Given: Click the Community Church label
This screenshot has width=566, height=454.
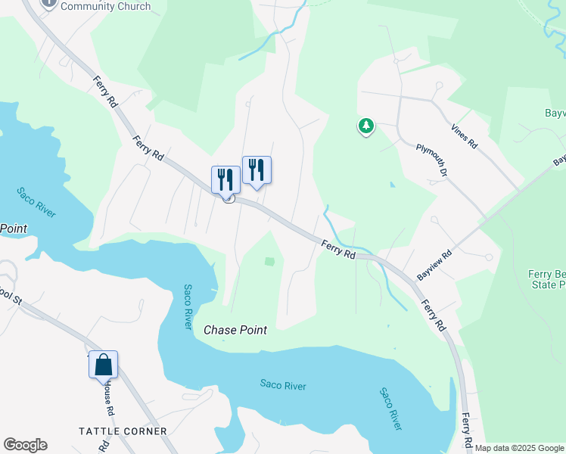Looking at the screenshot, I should tap(105, 6).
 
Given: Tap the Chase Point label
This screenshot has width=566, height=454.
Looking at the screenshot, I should tap(235, 331).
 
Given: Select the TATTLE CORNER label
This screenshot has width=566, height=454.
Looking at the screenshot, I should tap(123, 431).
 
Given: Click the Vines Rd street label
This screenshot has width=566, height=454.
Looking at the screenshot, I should tap(464, 136).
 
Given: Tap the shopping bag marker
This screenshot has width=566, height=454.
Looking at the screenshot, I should tap(103, 365).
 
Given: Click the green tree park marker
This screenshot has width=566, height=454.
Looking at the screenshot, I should tap(366, 126).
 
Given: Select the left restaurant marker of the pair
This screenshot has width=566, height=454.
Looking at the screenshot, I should tap(225, 179).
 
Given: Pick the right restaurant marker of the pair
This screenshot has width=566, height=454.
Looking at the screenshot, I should tap(257, 170).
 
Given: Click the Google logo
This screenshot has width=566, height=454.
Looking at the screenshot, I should tap(25, 445).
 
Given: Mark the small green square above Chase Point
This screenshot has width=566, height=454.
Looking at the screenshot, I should tap(269, 261).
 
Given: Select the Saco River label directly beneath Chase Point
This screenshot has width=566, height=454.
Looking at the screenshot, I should tap(283, 386).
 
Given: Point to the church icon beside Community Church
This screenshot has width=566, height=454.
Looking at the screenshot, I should tap(49, 3).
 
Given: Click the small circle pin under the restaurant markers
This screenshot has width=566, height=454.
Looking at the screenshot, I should tap(227, 198).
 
